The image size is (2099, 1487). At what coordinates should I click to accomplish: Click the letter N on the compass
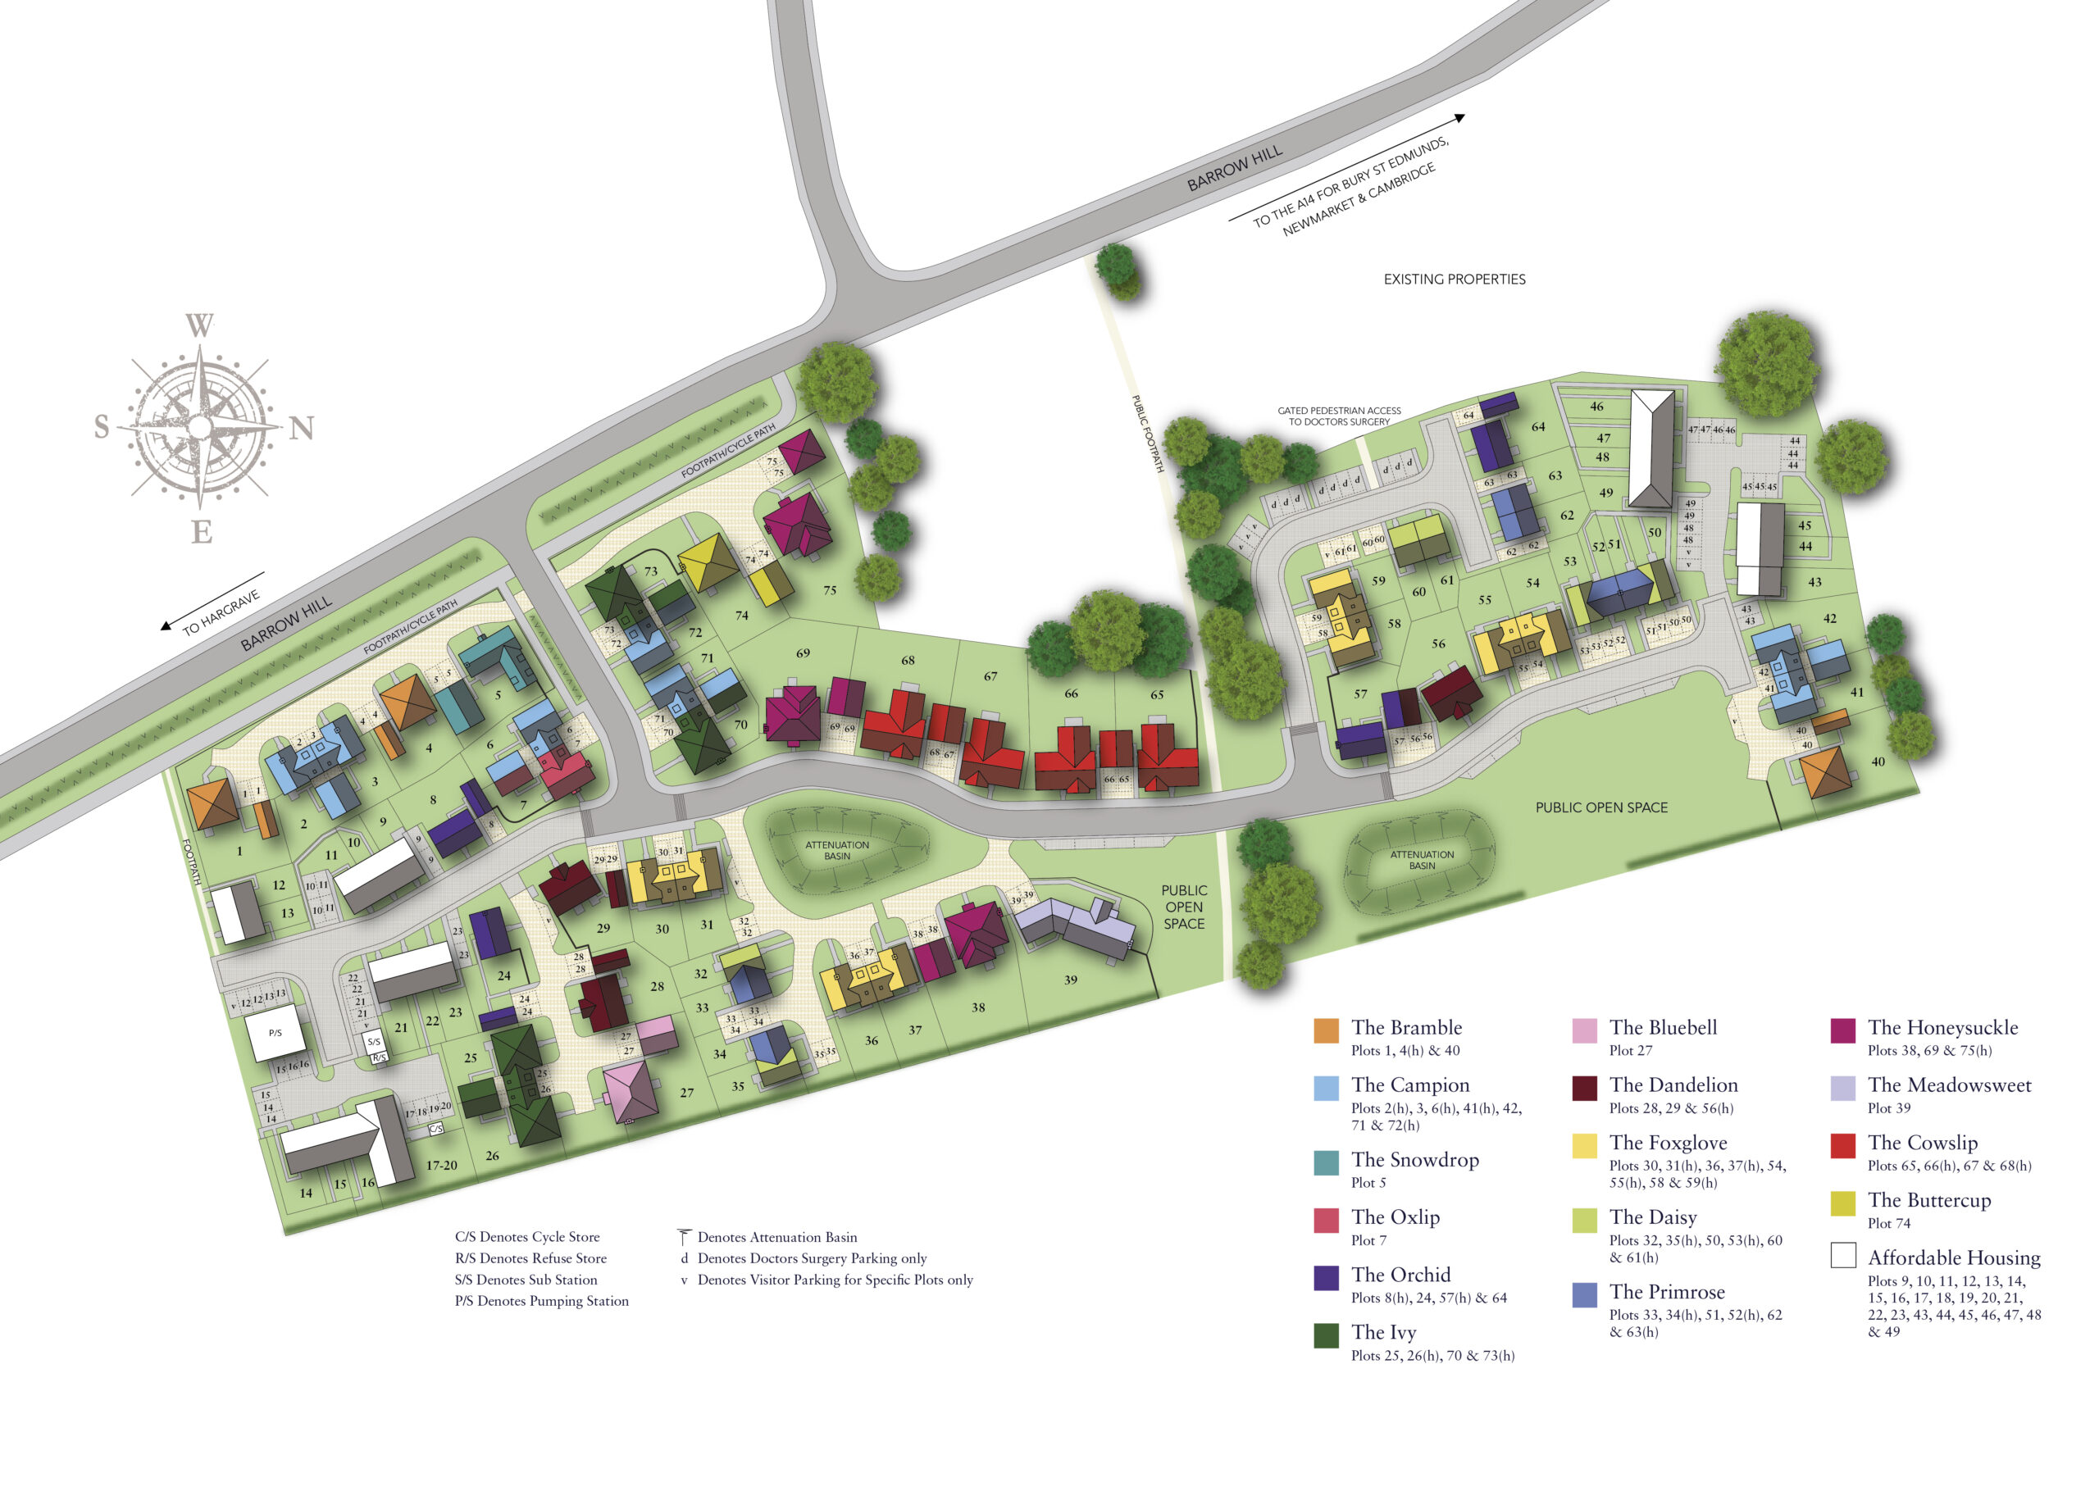point(301,429)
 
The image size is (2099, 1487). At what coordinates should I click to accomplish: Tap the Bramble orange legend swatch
point(1326,1030)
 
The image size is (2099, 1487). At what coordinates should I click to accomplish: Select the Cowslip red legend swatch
point(1842,1145)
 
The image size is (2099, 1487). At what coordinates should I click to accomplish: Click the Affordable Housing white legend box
point(1842,1254)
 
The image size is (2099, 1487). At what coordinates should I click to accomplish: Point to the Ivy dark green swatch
point(1326,1335)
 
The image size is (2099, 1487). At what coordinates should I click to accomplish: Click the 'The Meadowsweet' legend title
point(1949,1085)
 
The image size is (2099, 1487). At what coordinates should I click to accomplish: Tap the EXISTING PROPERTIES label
point(1454,280)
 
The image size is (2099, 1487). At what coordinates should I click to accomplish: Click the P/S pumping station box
point(275,1033)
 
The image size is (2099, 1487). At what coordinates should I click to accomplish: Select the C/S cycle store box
point(437,1129)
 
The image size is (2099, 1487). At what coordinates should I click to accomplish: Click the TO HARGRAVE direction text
point(221,613)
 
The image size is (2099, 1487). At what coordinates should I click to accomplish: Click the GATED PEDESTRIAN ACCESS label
point(1339,416)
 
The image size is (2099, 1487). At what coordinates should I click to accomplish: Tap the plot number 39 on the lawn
point(1071,980)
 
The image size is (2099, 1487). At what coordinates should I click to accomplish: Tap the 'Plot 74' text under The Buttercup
point(1888,1223)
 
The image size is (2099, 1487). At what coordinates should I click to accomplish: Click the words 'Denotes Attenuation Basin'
point(776,1237)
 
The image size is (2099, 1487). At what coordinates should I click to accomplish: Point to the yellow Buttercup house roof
point(707,562)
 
